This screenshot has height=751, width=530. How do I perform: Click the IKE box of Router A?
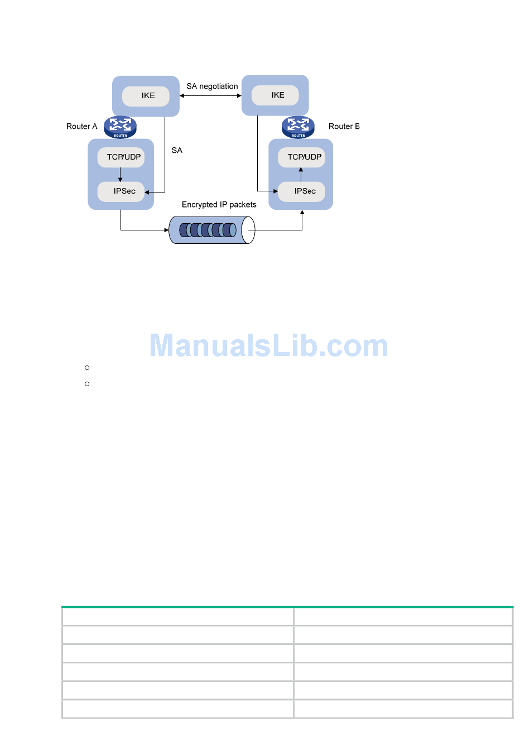[146, 96]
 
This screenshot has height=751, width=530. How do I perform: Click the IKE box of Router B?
[275, 95]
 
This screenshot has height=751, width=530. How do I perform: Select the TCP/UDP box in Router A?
[121, 157]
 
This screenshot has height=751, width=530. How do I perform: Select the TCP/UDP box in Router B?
[302, 157]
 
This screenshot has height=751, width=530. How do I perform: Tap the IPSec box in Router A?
[121, 191]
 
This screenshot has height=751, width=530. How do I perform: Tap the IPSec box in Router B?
[302, 191]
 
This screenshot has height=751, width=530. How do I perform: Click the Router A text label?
[81, 127]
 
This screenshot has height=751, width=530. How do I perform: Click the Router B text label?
[344, 127]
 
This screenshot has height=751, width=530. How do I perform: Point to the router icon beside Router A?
[120, 127]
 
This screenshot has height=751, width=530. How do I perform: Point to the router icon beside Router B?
[298, 127]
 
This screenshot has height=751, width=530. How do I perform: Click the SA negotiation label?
[212, 86]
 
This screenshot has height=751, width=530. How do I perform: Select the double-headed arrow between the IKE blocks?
[210, 96]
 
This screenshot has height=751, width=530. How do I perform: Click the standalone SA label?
[177, 151]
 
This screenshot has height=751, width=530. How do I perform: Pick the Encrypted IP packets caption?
[219, 205]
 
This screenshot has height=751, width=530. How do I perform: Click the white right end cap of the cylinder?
[249, 230]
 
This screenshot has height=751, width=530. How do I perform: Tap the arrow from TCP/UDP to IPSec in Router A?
[121, 175]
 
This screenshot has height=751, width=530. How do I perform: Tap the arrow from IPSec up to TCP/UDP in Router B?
[301, 175]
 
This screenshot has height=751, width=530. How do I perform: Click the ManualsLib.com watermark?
[269, 346]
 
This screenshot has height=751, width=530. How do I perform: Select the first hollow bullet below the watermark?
[87, 368]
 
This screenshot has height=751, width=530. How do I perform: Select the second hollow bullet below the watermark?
[87, 384]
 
